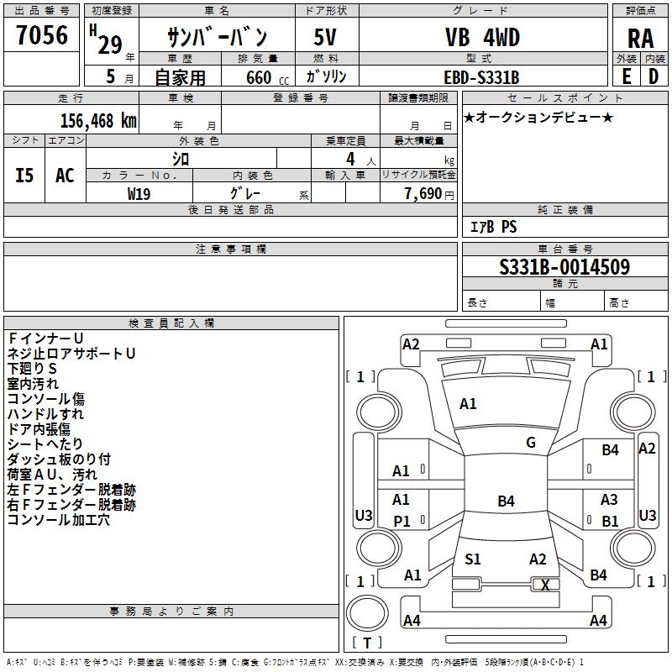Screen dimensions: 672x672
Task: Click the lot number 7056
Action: (42, 35)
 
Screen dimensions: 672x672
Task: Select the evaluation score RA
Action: (640, 39)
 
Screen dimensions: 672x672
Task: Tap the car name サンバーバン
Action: (217, 37)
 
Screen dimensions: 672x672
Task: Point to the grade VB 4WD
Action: (482, 38)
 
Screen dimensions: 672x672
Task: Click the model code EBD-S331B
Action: (481, 77)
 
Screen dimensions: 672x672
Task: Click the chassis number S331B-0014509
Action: (564, 267)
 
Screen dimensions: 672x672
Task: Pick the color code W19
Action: (139, 192)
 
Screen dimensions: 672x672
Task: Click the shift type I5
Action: (25, 176)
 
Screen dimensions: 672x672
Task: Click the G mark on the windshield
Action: (531, 443)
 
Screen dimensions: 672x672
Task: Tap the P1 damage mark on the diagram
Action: (402, 522)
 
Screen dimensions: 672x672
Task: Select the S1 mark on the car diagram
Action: (473, 559)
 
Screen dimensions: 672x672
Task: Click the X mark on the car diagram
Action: (546, 585)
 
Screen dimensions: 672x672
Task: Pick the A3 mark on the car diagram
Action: (609, 500)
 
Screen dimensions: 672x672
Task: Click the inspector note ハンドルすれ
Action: (45, 414)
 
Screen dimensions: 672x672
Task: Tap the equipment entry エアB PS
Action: (493, 227)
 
